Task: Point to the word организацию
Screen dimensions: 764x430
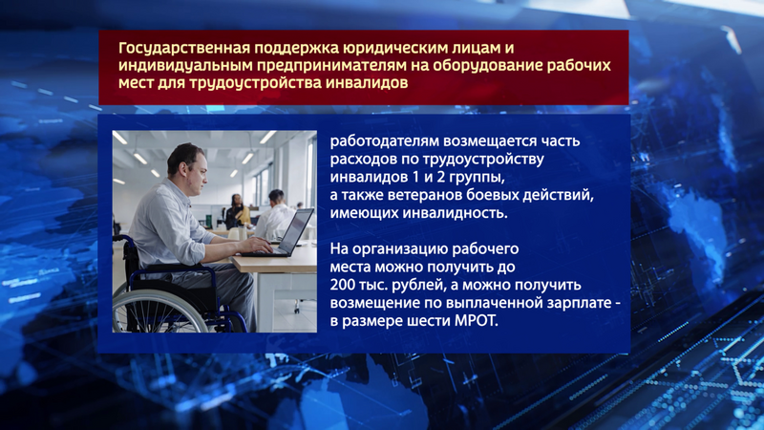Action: click(399, 249)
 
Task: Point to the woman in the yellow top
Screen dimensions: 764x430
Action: click(237, 211)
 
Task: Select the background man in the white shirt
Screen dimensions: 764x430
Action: click(275, 214)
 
